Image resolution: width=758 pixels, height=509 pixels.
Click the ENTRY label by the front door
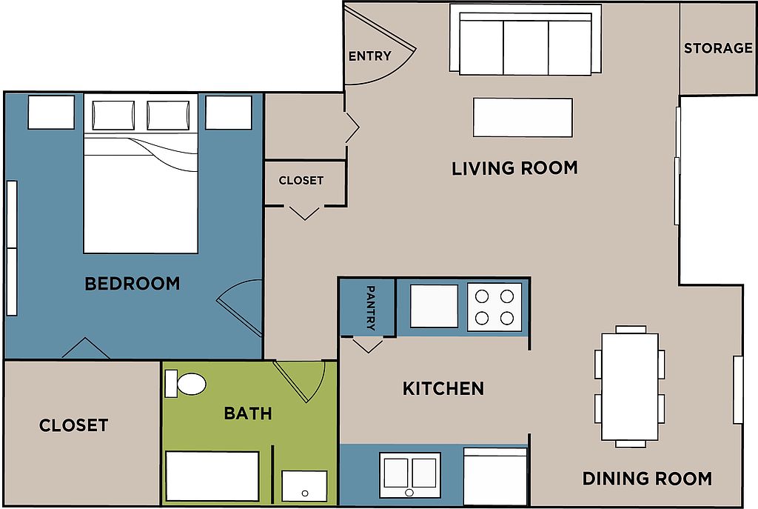[x=370, y=56]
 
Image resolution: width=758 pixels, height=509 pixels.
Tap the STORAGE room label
[x=718, y=48]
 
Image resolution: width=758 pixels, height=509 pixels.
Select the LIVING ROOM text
[x=515, y=168]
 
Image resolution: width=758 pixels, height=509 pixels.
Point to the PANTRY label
[x=371, y=307]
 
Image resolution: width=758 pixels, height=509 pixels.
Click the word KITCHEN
[x=443, y=388]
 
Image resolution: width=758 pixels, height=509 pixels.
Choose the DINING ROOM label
[x=647, y=479]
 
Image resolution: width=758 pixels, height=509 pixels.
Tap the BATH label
[x=248, y=413]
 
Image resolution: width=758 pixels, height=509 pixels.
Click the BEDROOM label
[x=133, y=284]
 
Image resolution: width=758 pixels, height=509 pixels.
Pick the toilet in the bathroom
[x=186, y=384]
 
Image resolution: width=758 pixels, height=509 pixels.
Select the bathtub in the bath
[x=212, y=476]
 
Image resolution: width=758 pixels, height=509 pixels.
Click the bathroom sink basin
[x=304, y=486]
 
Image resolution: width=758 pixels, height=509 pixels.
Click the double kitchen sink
[x=410, y=475]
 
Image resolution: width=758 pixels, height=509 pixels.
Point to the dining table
[x=630, y=387]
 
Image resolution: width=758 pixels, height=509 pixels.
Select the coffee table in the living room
[x=523, y=117]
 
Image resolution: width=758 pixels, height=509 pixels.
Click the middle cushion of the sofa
[x=526, y=48]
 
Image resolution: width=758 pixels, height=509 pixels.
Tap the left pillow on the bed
[x=113, y=115]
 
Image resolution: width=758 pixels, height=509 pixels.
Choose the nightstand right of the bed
[x=229, y=113]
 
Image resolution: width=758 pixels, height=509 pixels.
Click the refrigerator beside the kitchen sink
[x=495, y=476]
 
